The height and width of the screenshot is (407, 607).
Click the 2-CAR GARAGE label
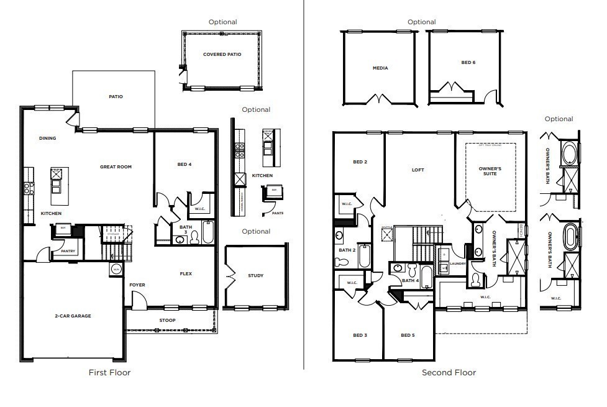pyautogui.click(x=72, y=316)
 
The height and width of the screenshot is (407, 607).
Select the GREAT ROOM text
pyautogui.click(x=116, y=167)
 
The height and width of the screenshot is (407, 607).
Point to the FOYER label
pyautogui.click(x=137, y=285)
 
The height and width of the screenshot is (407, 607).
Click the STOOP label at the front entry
pyautogui.click(x=168, y=321)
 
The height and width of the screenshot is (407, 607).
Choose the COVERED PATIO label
pyautogui.click(x=222, y=54)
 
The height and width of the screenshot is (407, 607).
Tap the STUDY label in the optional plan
pyautogui.click(x=255, y=275)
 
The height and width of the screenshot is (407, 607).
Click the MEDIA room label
pyautogui.click(x=380, y=68)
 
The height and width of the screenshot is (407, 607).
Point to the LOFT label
pyautogui.click(x=418, y=170)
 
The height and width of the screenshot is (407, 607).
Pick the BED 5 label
pyautogui.click(x=408, y=335)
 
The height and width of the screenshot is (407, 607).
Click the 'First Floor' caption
pyautogui.click(x=110, y=372)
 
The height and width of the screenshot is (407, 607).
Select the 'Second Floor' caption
pyautogui.click(x=449, y=372)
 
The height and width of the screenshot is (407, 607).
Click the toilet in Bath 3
pyautogui.click(x=194, y=237)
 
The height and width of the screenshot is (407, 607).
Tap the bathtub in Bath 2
pyautogui.click(x=365, y=255)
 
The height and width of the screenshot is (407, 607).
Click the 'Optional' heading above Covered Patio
pyautogui.click(x=222, y=22)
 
